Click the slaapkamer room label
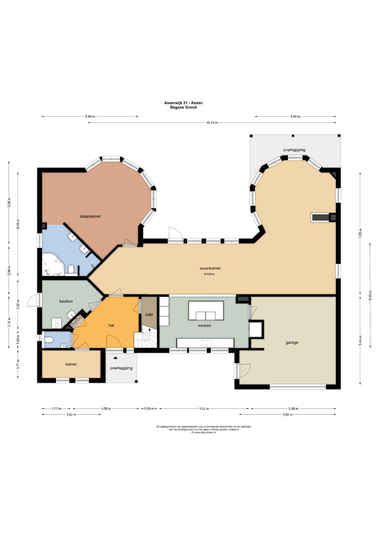tap(90, 217)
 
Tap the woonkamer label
tap(210, 268)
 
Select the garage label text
tap(292, 343)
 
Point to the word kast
tap(149, 314)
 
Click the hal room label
tap(111, 325)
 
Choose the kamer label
tap(71, 364)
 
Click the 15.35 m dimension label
tap(212, 123)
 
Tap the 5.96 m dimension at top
tap(90, 117)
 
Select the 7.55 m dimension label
tap(360, 232)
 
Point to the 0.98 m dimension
tap(149, 409)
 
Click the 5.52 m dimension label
tap(204, 409)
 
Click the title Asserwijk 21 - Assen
tap(183, 103)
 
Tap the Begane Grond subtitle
tap(183, 107)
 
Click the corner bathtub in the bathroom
tap(53, 265)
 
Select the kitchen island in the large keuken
tap(206, 310)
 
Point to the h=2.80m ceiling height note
tap(210, 274)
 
